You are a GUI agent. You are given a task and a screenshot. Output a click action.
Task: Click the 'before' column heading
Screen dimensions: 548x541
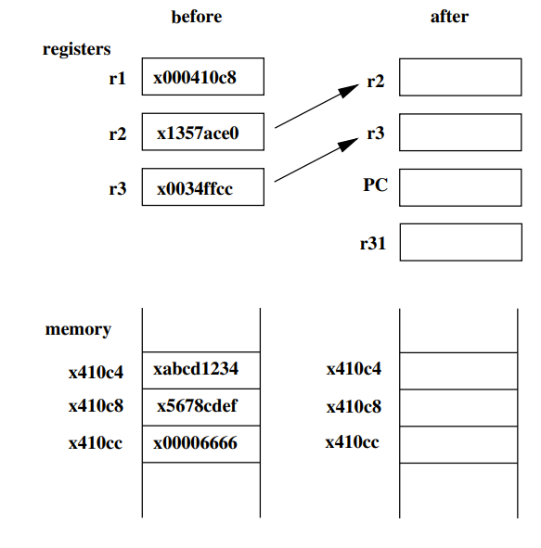(x=197, y=17)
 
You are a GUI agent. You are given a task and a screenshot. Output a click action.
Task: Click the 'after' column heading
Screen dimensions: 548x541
(x=449, y=17)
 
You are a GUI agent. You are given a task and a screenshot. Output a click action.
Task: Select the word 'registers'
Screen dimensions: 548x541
(x=77, y=49)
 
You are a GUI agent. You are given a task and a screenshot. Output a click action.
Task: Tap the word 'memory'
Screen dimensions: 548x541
(x=78, y=329)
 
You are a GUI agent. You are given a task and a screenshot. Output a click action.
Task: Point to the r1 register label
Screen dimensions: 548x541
(x=117, y=78)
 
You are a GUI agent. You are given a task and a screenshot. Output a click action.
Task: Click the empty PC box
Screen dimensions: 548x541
(x=460, y=186)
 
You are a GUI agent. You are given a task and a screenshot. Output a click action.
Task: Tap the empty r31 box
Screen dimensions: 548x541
(x=460, y=242)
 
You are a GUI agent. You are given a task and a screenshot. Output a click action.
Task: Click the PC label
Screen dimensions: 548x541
(x=375, y=185)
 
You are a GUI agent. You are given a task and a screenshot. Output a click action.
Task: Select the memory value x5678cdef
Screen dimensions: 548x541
(x=200, y=406)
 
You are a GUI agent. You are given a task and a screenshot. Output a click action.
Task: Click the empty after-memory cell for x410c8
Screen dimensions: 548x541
(x=457, y=407)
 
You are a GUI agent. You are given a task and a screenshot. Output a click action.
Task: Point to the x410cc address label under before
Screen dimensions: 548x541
(x=96, y=443)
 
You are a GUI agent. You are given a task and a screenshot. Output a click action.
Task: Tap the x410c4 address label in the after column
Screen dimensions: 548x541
(x=354, y=370)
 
